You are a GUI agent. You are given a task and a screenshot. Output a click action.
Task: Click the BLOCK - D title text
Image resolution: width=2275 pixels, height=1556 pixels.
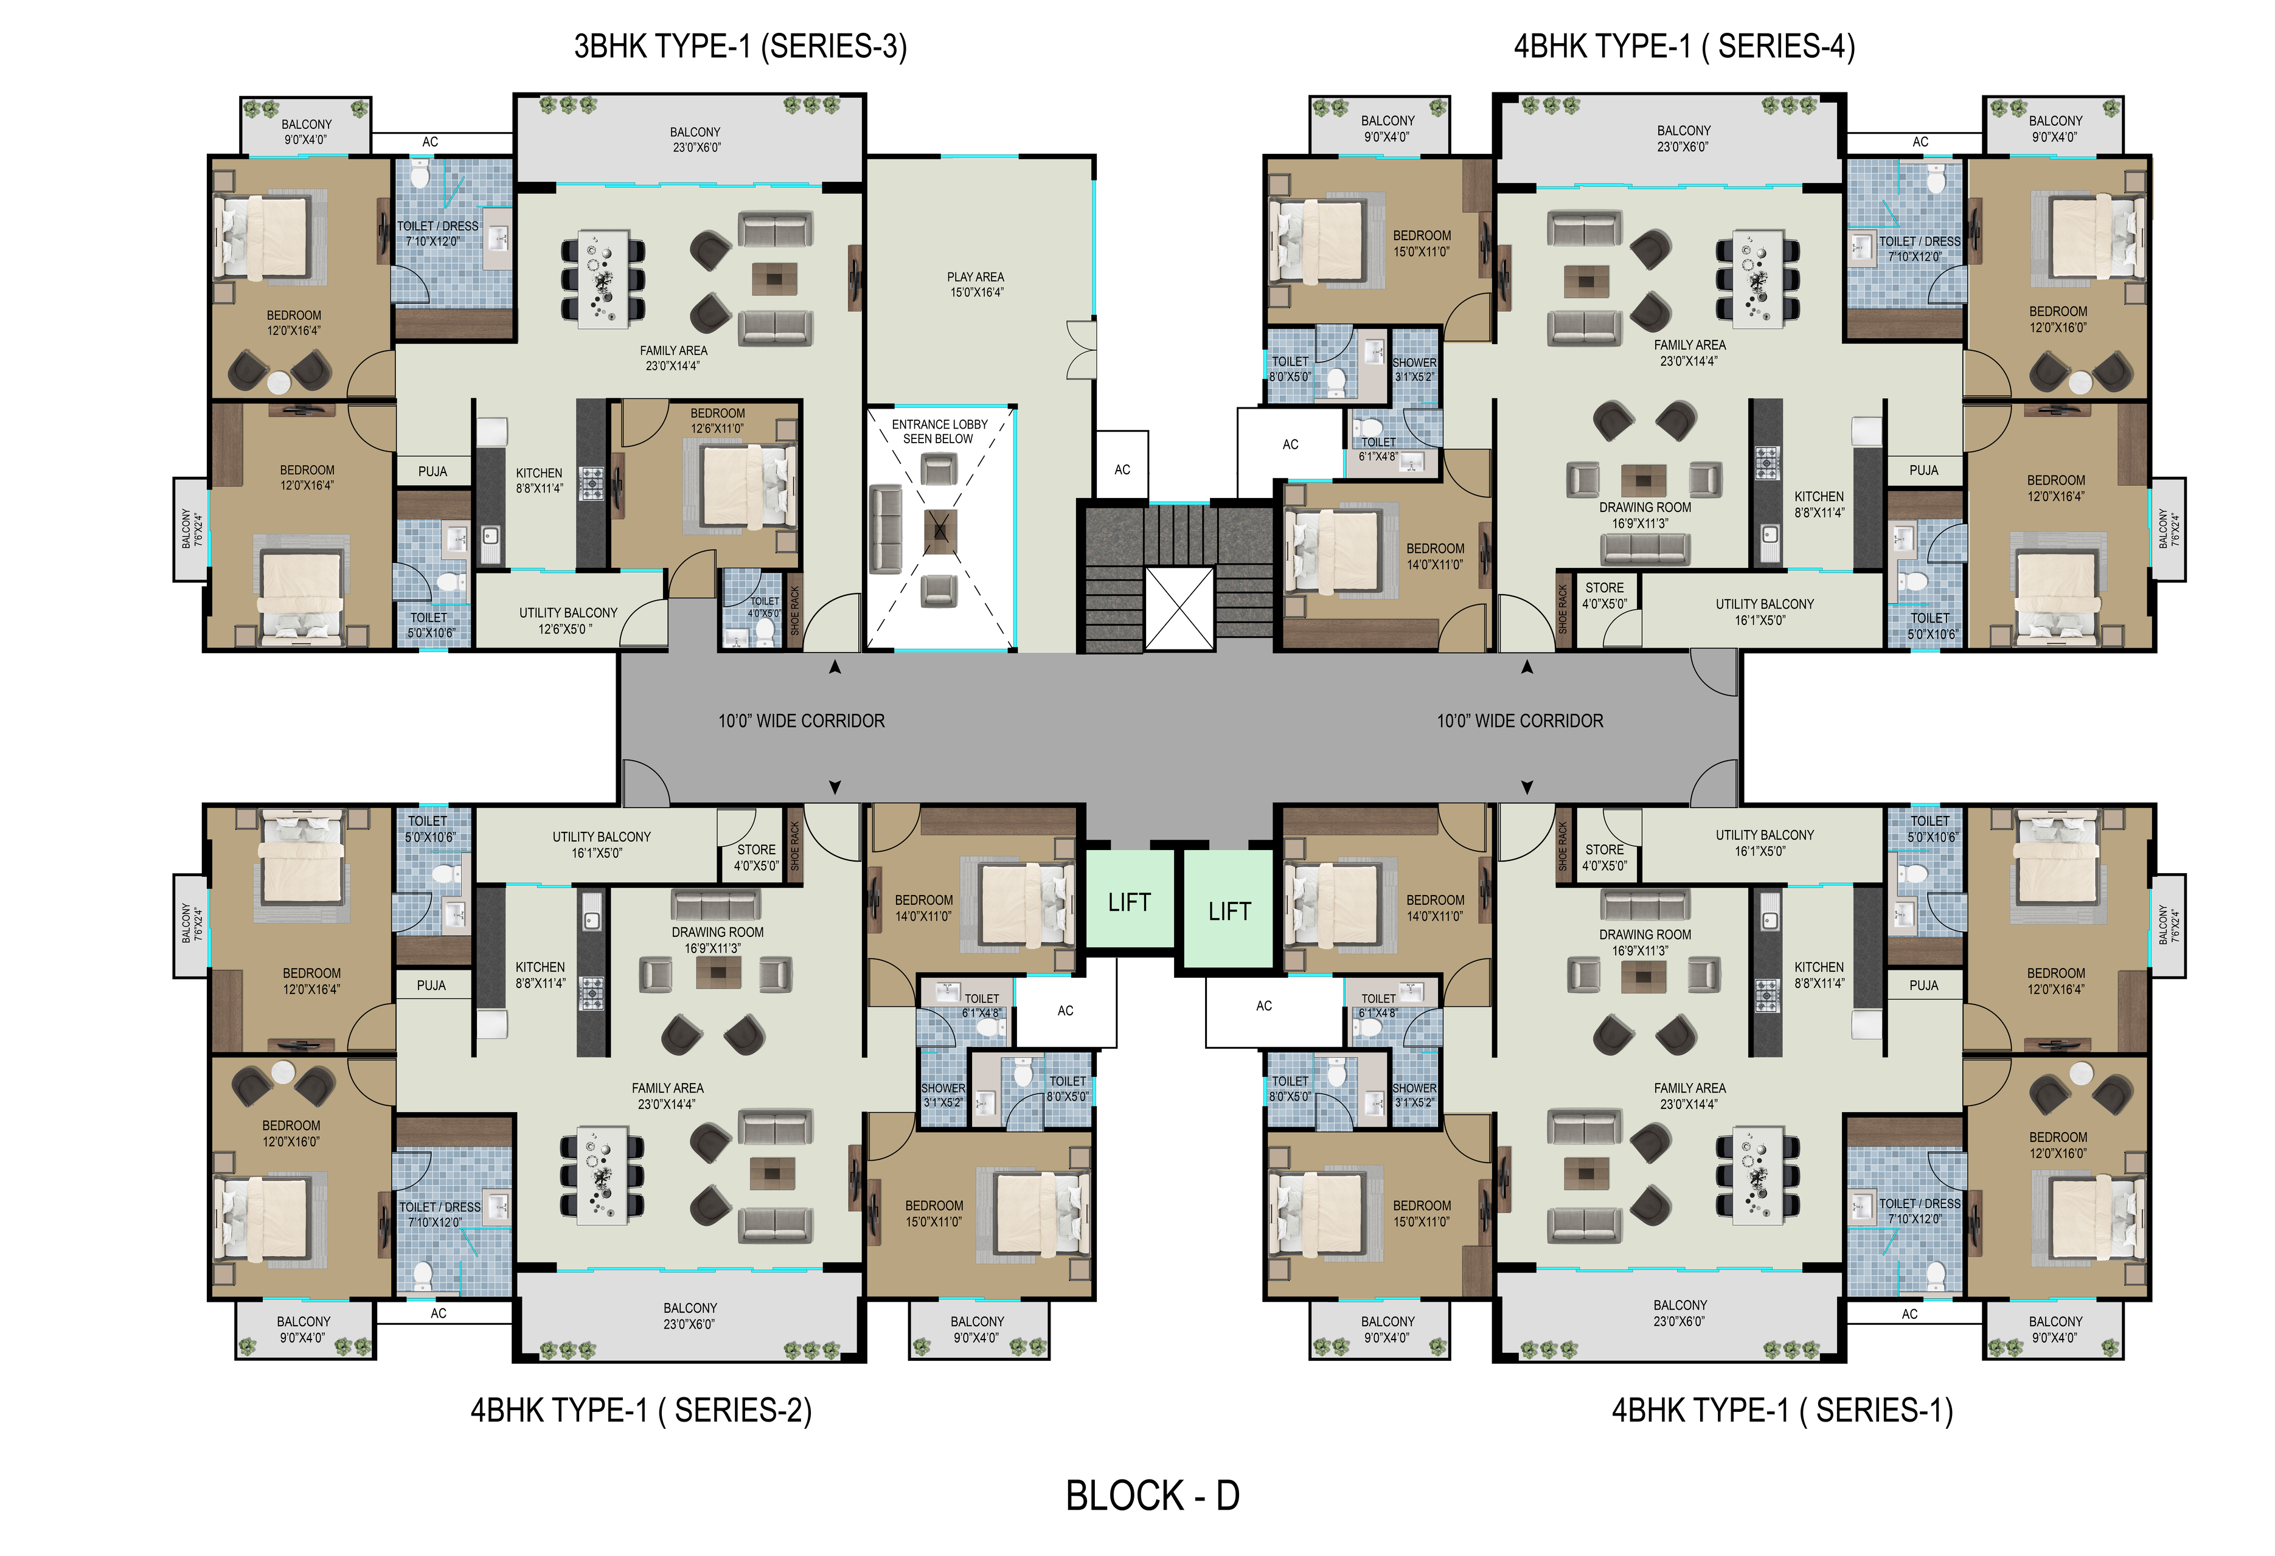pos(1152,1495)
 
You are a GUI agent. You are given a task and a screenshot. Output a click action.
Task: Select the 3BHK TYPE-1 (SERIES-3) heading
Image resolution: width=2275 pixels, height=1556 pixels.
pos(740,46)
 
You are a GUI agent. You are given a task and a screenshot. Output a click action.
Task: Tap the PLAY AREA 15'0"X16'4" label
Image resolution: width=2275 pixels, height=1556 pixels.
pos(976,285)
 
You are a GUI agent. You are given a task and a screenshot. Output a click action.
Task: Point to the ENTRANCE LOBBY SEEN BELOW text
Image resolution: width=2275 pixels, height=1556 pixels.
pos(939,432)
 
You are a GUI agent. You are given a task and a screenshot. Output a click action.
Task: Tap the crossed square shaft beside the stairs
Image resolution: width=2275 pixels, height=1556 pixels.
pos(1179,607)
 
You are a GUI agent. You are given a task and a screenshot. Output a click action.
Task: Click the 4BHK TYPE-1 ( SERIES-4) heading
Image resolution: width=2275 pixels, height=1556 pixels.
pos(1684,46)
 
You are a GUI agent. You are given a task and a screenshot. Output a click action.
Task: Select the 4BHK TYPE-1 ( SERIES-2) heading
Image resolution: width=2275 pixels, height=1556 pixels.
pos(641,1410)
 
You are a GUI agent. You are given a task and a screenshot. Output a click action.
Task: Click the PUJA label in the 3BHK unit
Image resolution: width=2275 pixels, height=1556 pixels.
pos(432,472)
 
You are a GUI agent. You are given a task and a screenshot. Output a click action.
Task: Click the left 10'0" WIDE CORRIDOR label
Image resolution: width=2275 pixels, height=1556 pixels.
pos(802,721)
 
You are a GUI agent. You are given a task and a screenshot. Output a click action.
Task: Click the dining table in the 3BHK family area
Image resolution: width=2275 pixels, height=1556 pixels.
pos(603,278)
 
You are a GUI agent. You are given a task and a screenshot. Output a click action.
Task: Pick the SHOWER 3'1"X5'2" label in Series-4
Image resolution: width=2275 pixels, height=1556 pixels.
pos(1414,369)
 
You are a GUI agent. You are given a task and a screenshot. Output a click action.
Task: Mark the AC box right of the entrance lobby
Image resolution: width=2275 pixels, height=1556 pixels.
pos(1122,470)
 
